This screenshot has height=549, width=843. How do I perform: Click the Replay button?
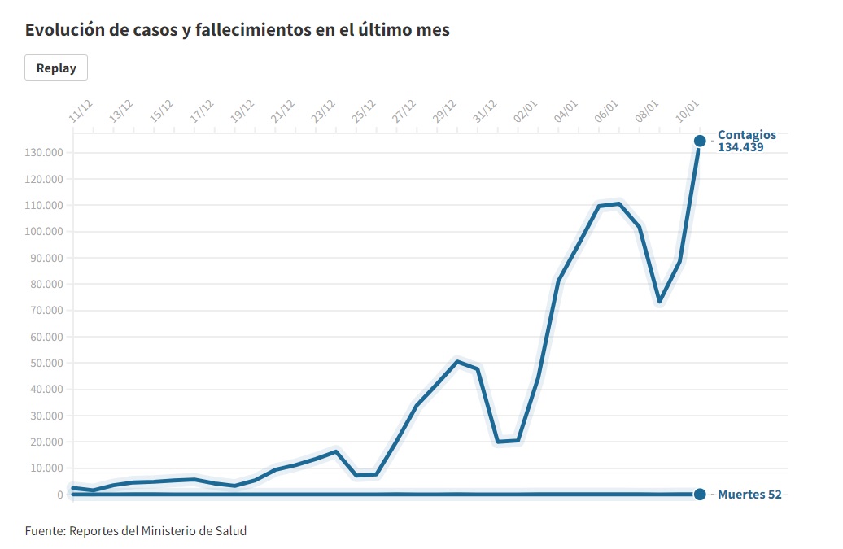(56, 68)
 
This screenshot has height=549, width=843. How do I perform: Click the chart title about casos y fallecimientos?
(237, 30)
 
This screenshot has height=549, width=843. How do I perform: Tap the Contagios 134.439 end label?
(746, 142)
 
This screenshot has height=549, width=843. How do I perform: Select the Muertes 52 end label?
(749, 495)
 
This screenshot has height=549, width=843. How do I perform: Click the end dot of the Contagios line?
(700, 141)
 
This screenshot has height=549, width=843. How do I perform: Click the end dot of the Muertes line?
(700, 495)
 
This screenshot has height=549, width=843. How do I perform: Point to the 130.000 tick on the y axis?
(45, 153)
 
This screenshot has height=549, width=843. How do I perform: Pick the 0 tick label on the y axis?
(59, 495)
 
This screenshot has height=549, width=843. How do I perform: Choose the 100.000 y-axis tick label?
(45, 232)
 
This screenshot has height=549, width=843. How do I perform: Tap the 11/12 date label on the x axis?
(81, 112)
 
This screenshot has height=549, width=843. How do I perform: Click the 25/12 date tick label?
(363, 112)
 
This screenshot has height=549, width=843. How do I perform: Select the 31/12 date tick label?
(485, 112)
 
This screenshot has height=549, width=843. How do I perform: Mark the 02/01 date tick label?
(526, 112)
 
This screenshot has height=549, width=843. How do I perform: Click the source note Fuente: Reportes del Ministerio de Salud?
(136, 531)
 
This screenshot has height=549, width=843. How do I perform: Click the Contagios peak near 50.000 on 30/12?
(457, 361)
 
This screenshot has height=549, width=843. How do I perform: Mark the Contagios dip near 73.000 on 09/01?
(660, 302)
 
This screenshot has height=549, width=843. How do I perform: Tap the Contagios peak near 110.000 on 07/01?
(619, 203)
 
